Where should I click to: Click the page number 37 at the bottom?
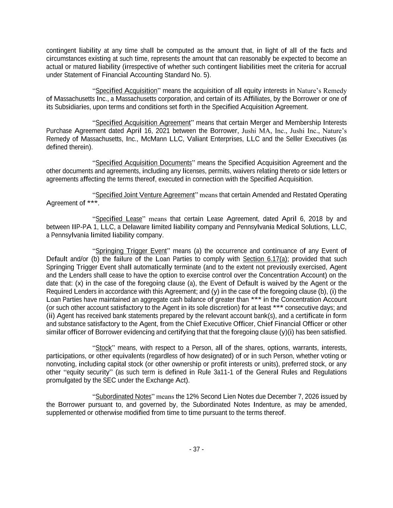pyautogui.click(x=196, y=449)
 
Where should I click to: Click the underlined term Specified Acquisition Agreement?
pyautogui.click(x=143, y=123)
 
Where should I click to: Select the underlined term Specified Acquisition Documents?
pyautogui.click(x=144, y=163)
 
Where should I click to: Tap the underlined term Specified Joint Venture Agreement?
pyautogui.click(x=145, y=195)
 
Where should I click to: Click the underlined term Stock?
pyautogui.click(x=104, y=348)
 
